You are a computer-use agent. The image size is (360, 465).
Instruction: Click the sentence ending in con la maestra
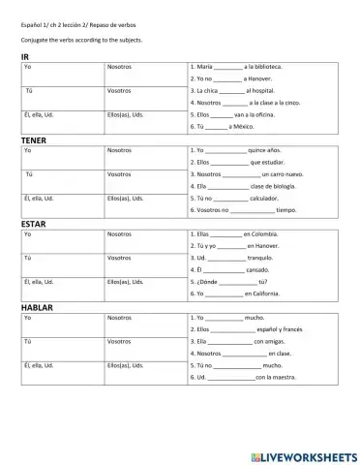click(242, 376)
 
